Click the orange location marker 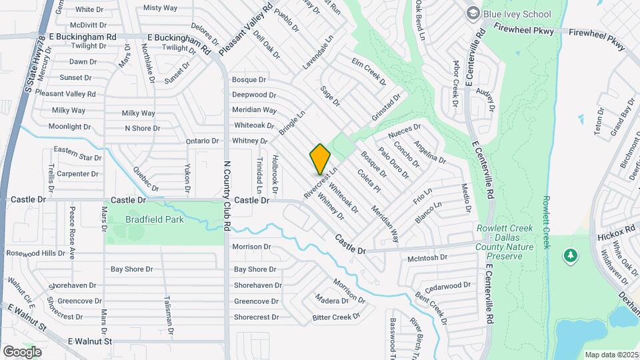tap(321, 159)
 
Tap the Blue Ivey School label tap(517, 14)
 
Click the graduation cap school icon tap(473, 13)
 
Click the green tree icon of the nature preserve tap(570, 255)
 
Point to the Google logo tap(22, 351)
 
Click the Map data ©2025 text tap(611, 355)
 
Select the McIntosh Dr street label tap(427, 258)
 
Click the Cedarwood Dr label tap(448, 286)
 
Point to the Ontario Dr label tap(202, 141)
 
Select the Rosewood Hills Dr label tap(36, 253)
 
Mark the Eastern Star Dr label tap(77, 157)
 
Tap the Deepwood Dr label tap(254, 95)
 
